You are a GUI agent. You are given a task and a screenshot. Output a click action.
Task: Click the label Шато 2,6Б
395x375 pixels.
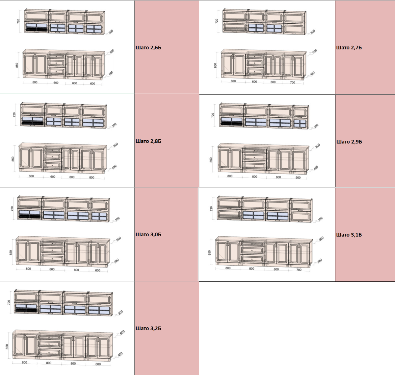click(x=148, y=48)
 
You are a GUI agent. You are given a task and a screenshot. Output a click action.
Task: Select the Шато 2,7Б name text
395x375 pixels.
click(x=349, y=48)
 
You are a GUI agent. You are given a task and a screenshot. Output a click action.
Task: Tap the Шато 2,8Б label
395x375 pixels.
click(x=148, y=141)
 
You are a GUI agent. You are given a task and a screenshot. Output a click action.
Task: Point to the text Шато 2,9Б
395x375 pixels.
click(x=349, y=142)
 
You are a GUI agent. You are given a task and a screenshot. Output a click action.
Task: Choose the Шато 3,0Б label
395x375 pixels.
click(x=148, y=235)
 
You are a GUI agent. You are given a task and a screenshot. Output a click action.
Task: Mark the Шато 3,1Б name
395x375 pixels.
click(x=349, y=235)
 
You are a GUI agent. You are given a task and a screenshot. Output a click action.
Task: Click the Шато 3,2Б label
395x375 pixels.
click(x=148, y=328)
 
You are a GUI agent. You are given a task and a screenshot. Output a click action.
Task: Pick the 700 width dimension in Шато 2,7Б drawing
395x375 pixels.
click(x=293, y=82)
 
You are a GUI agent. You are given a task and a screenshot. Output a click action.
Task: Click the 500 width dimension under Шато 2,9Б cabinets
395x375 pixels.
click(x=298, y=177)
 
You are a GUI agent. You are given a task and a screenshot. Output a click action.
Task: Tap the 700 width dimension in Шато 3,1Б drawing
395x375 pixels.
click(x=299, y=270)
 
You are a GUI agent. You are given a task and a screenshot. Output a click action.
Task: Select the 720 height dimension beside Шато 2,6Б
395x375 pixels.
click(x=18, y=21)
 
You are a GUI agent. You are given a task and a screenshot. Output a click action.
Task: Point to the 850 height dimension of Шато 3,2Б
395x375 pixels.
click(x=7, y=347)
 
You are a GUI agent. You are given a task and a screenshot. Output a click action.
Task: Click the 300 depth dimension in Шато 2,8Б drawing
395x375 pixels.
click(x=114, y=125)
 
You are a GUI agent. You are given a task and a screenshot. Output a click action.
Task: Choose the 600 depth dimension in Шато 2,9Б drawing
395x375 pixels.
click(x=318, y=146)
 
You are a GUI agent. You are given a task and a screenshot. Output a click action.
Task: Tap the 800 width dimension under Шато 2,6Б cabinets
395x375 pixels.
click(x=35, y=82)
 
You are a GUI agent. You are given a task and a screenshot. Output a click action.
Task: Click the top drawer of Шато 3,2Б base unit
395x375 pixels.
click(x=49, y=337)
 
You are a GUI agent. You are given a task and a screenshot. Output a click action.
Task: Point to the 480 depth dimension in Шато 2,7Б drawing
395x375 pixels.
click(x=312, y=74)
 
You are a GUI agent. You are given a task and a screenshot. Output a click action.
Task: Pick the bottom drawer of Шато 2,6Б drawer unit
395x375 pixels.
click(x=56, y=71)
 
